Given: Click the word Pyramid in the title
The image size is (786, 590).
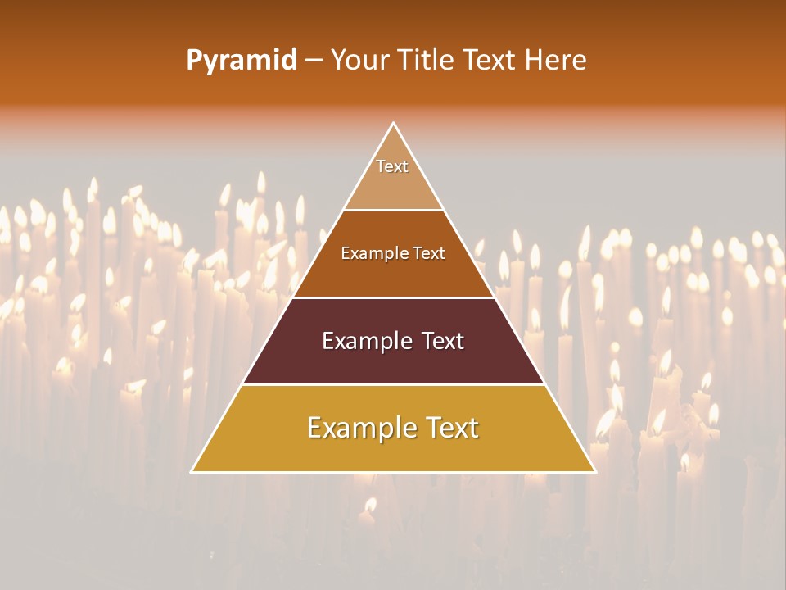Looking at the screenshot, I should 241,61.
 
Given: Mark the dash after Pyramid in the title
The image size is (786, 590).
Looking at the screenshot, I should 314,61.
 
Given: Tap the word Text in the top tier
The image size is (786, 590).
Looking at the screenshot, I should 392,166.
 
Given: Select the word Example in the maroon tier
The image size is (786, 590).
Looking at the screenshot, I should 366,341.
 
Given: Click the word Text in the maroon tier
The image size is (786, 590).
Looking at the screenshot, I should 443,341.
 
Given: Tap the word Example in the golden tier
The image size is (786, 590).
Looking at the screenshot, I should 359,428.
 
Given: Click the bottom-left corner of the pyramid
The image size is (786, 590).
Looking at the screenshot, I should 192,471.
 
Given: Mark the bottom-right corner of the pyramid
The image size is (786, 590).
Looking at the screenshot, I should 594,471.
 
